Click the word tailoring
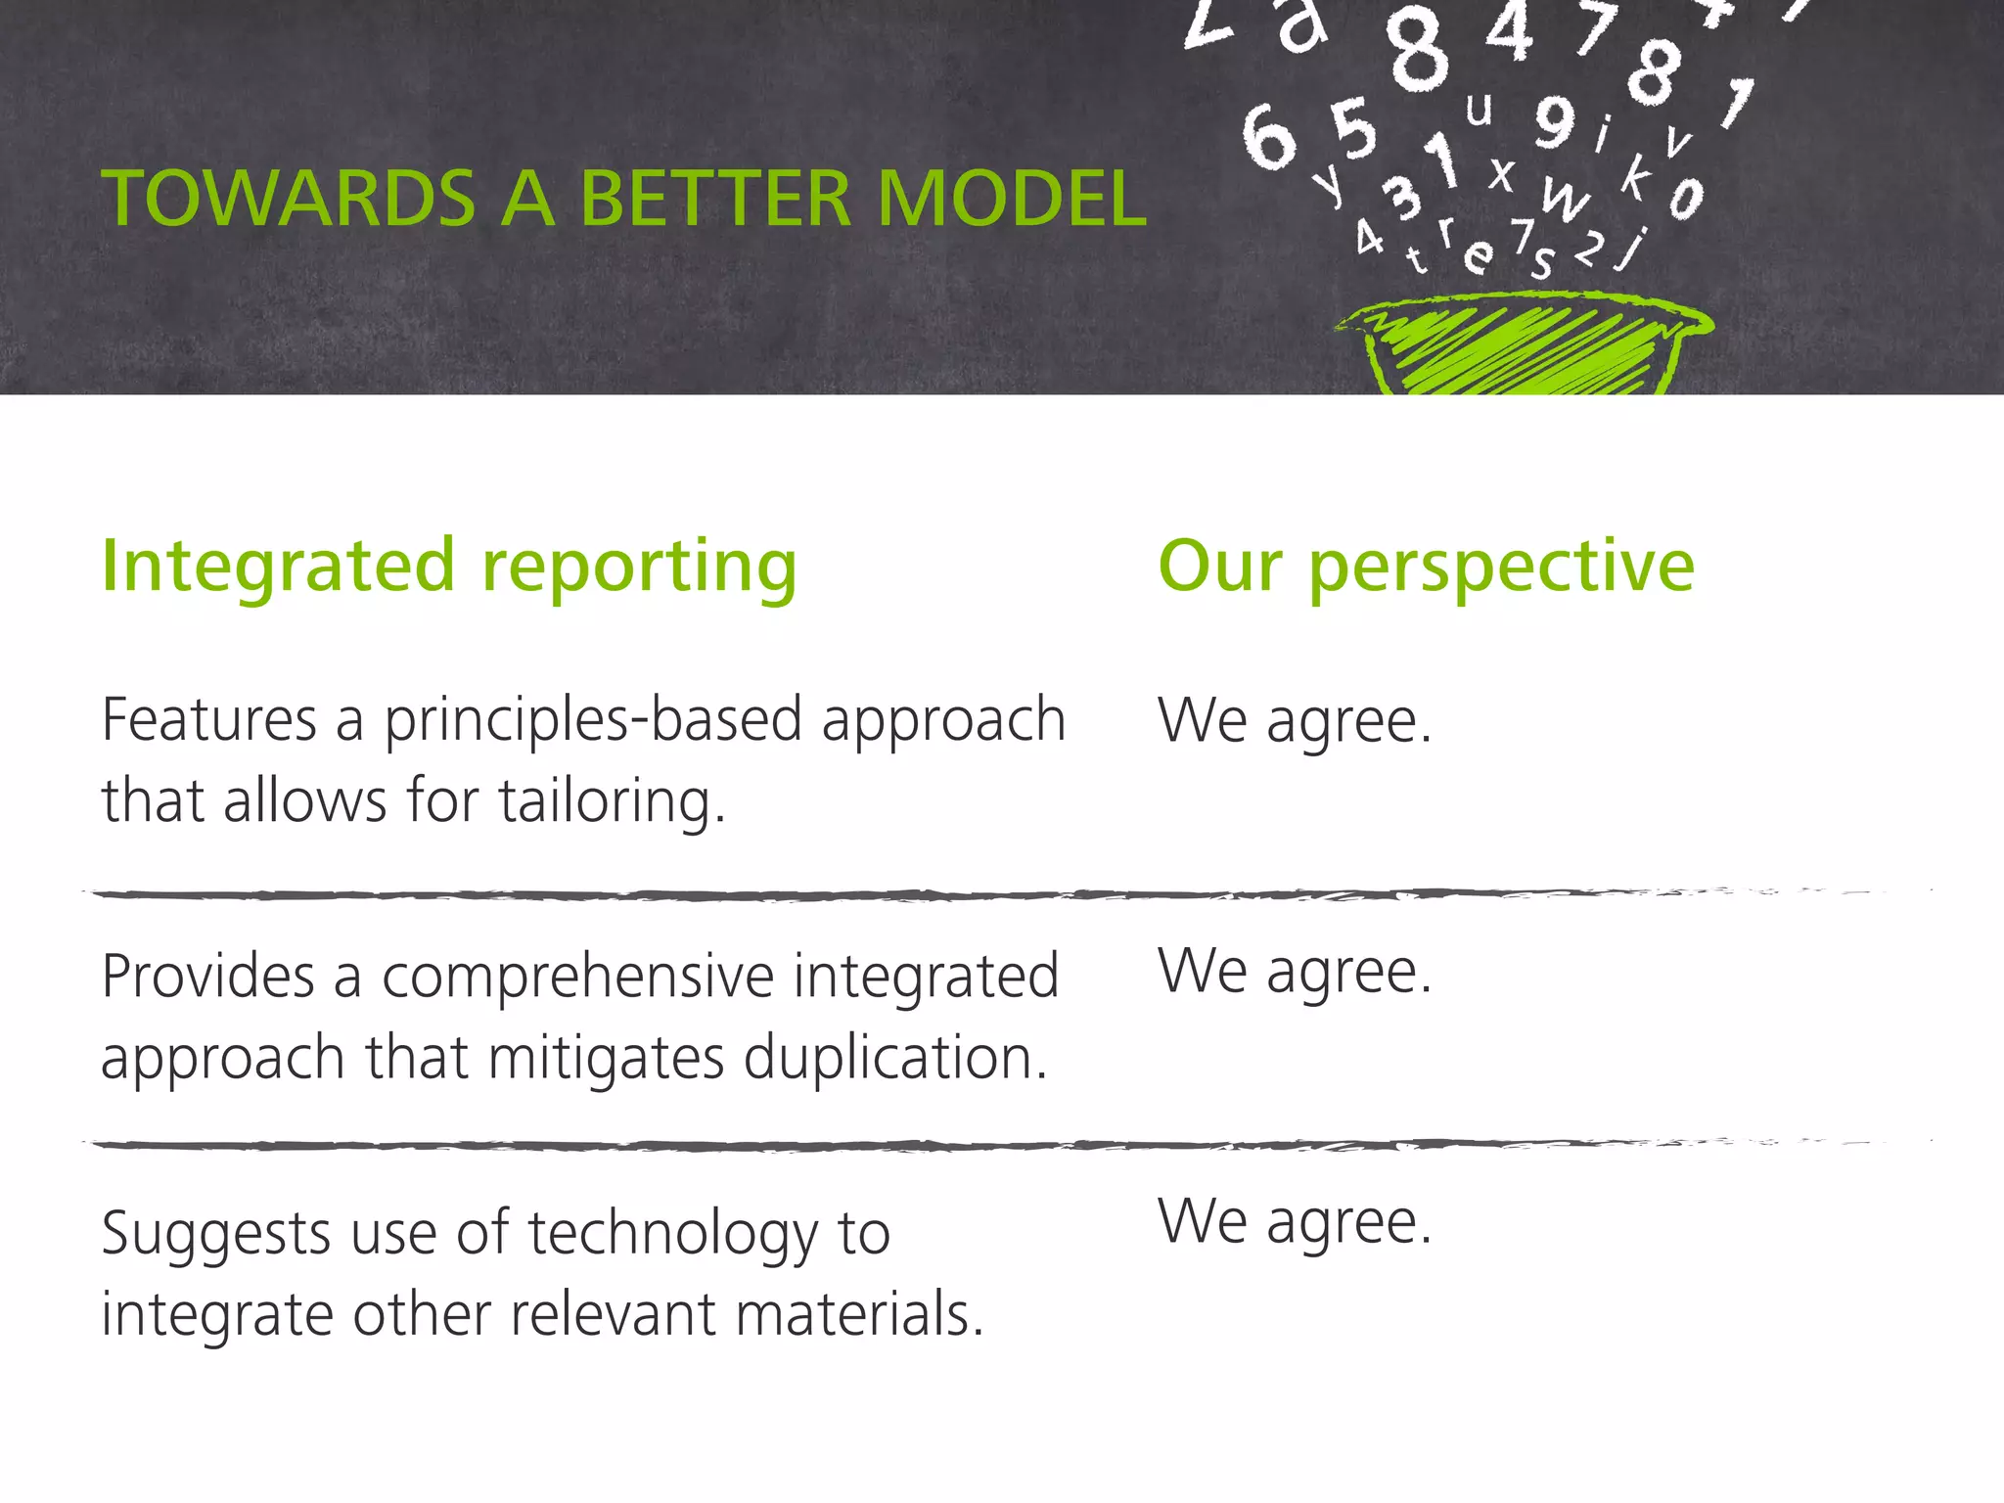tap(612, 801)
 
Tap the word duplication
tap(894, 1058)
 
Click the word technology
tap(673, 1233)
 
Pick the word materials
tap(859, 1314)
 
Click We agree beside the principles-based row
tap(1295, 721)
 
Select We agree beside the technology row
tap(1295, 1222)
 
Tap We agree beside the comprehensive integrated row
tap(1295, 972)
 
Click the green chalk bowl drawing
tap(1523, 347)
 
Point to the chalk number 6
tap(1268, 137)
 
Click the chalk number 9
tap(1554, 121)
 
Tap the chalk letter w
tap(1565, 199)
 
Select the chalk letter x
tap(1502, 174)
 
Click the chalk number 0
tap(1686, 200)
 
